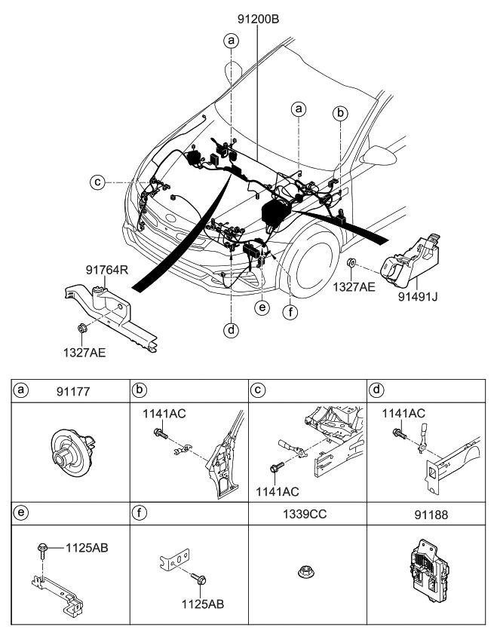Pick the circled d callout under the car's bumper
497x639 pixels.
tap(231, 329)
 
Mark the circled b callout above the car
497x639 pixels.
tap(341, 113)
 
